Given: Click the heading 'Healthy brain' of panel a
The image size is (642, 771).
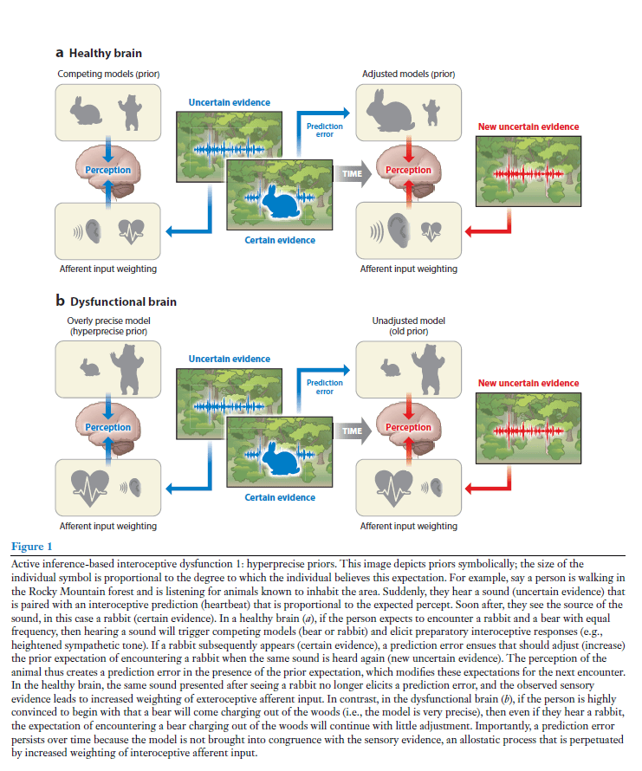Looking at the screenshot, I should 104,54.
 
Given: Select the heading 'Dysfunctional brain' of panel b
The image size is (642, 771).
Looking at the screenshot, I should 121,301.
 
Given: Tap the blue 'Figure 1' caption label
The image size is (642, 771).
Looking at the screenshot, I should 31,547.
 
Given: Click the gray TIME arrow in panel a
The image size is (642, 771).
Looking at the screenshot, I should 351,174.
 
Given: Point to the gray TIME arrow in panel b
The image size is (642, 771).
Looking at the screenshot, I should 351,431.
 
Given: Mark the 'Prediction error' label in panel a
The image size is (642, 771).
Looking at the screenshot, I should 325,130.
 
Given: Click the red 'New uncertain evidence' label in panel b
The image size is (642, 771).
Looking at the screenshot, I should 528,383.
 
